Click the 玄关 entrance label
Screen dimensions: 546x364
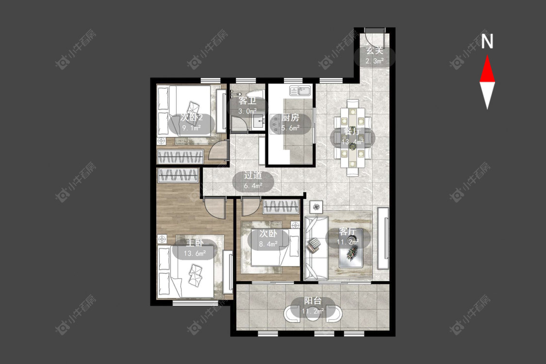(374, 51)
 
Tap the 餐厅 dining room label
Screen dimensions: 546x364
(352, 132)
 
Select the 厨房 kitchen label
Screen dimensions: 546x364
(290, 118)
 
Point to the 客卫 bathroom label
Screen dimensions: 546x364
(248, 101)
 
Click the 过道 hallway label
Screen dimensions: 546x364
(253, 175)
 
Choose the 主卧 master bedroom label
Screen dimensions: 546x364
(194, 243)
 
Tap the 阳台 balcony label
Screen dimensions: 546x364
(313, 300)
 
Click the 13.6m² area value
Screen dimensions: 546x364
(194, 253)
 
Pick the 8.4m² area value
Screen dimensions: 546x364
(268, 244)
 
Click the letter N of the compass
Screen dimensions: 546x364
(487, 41)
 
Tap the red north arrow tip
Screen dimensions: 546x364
(487, 56)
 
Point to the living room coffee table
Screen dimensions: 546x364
(351, 248)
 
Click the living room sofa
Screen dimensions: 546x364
(316, 248)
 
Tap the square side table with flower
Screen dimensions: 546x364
(316, 207)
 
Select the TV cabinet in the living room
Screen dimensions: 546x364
(383, 238)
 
